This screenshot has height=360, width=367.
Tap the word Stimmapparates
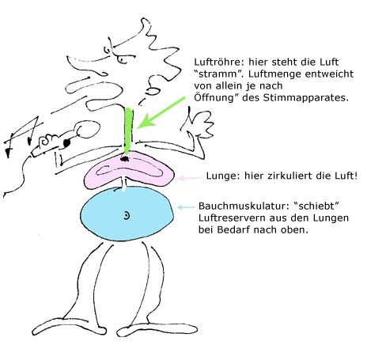[x=305, y=98]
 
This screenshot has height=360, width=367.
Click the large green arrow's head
[x=144, y=123]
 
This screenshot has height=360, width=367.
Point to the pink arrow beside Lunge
[x=189, y=178]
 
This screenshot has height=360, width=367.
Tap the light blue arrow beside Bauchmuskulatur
[x=186, y=207]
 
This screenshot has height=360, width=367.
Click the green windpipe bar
[x=128, y=130]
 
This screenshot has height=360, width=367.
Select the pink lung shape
[x=129, y=171]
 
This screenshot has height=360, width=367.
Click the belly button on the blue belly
[x=127, y=216]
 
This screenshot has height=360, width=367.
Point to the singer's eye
[x=122, y=59]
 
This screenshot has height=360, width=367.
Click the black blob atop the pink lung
[x=124, y=159]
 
